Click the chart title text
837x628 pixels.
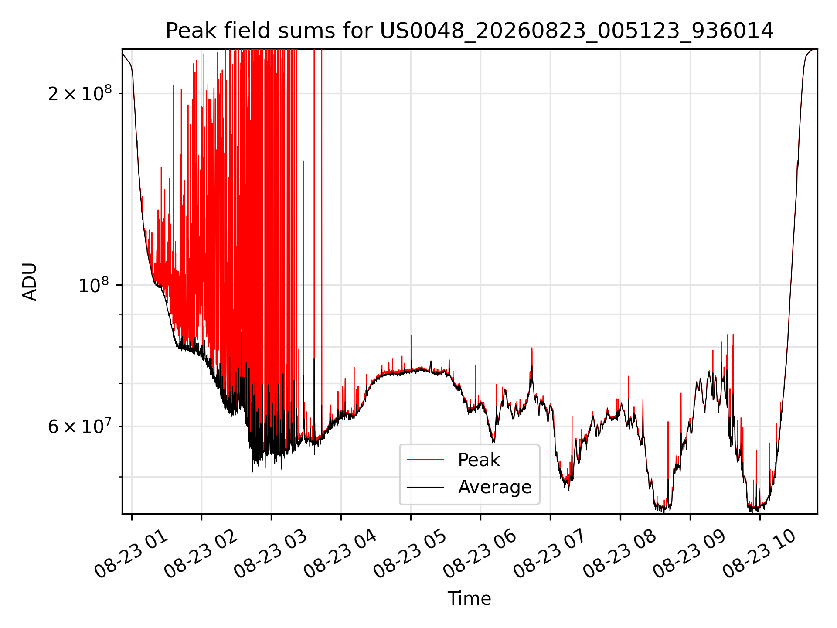pyautogui.click(x=470, y=31)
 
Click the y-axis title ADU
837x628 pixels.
pyautogui.click(x=30, y=282)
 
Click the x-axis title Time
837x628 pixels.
pyautogui.click(x=470, y=599)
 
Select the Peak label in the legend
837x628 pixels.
pyautogui.click(x=479, y=460)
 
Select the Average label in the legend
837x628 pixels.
pyautogui.click(x=495, y=487)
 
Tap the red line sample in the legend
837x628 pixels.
pyautogui.click(x=425, y=460)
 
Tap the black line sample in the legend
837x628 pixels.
pyautogui.click(x=425, y=487)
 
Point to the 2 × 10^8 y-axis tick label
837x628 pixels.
pyautogui.click(x=80, y=93)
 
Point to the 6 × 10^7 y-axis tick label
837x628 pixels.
pyautogui.click(x=80, y=426)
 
